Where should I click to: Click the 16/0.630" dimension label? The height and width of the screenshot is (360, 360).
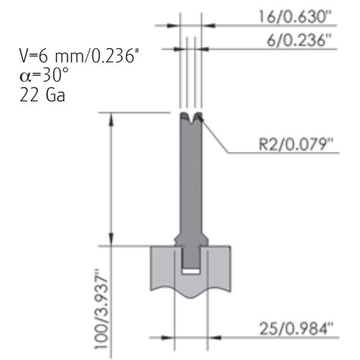[296, 17]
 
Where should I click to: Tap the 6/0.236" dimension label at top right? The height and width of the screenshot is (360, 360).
[296, 40]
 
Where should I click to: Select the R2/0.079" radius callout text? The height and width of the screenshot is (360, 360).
[296, 144]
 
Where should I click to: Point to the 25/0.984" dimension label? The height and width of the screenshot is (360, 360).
[296, 329]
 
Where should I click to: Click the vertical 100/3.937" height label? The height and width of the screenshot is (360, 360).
[101, 309]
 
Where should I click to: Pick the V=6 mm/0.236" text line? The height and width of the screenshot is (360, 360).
[79, 56]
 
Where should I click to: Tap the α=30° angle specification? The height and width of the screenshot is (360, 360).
[44, 76]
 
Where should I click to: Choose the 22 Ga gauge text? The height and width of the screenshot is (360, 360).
[43, 95]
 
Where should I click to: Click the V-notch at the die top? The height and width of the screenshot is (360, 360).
[191, 118]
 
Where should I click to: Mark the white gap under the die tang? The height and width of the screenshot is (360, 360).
[191, 271]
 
